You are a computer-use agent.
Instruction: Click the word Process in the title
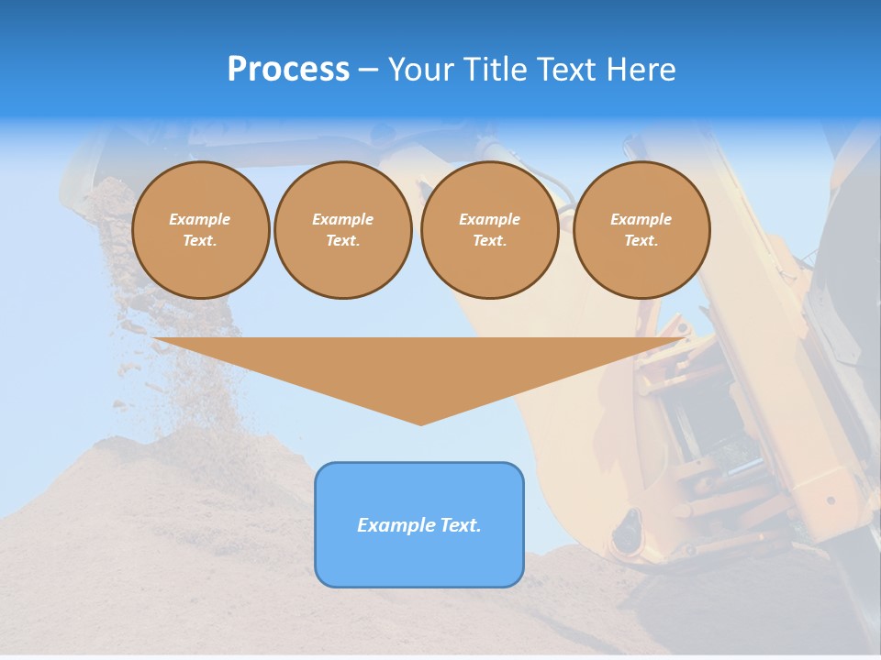[x=288, y=69]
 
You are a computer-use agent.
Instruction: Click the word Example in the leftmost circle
[x=200, y=219]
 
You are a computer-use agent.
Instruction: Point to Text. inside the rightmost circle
[x=641, y=240]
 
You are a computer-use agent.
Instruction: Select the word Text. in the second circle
[x=342, y=240]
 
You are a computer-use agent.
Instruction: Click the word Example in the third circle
[x=489, y=219]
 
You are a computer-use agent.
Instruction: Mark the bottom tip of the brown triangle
[x=420, y=423]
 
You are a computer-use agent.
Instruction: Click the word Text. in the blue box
[x=461, y=525]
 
